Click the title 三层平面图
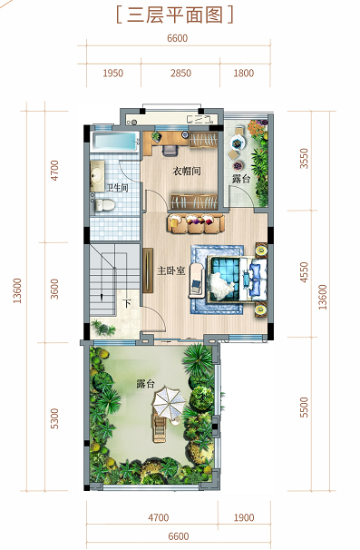(x=175, y=15)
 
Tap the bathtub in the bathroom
(x=114, y=142)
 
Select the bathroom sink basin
(x=96, y=174)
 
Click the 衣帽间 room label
(x=187, y=172)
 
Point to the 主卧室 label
(x=170, y=270)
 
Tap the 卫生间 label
(x=117, y=189)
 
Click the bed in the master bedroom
(x=237, y=279)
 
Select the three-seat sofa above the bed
(x=196, y=223)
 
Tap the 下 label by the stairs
(x=127, y=302)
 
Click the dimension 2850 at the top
(x=180, y=73)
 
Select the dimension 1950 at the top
(x=112, y=73)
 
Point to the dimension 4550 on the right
(x=305, y=272)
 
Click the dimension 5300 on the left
(x=54, y=418)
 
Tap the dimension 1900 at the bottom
(x=244, y=517)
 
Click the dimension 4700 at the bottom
(x=159, y=517)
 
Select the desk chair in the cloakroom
(x=170, y=150)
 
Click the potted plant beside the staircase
(x=102, y=328)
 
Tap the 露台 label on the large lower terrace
(x=145, y=384)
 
